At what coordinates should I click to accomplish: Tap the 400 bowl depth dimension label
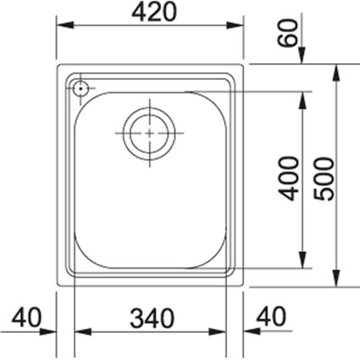click(290, 178)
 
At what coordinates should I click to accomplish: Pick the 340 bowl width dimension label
click(151, 318)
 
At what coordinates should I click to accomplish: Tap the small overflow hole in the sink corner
click(80, 88)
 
